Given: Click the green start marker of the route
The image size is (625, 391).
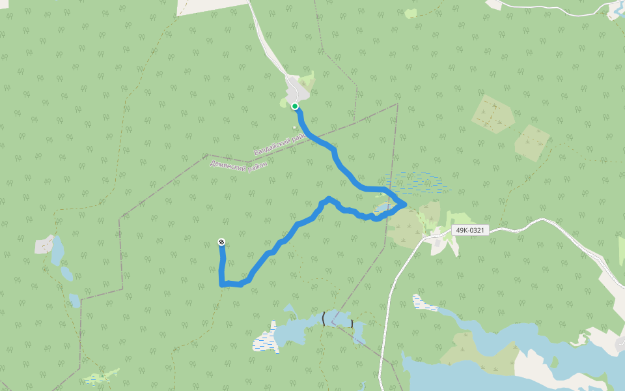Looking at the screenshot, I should click(x=295, y=106).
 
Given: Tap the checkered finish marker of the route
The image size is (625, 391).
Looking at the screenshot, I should click(x=222, y=242).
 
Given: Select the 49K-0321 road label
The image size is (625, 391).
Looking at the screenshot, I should click(x=469, y=231).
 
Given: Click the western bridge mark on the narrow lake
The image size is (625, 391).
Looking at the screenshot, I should click(x=324, y=319).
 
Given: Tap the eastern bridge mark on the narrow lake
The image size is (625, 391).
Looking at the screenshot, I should click(x=352, y=323).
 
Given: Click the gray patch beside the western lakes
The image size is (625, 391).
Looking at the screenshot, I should click(x=44, y=245).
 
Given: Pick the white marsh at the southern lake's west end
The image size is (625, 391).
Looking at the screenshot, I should click(x=265, y=340).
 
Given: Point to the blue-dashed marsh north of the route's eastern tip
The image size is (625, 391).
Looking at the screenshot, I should click(x=417, y=182).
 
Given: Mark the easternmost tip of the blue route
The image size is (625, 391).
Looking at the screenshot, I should click(x=406, y=205).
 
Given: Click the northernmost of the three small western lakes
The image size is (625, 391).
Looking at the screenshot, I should click(x=57, y=250).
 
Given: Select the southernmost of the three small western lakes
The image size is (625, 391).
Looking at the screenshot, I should click(x=75, y=300).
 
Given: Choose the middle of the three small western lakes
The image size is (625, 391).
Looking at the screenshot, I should click(x=67, y=272).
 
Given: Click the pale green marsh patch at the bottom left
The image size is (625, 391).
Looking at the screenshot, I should click(x=101, y=377).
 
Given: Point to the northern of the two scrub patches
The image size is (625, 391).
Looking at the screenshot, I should click(x=493, y=114).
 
